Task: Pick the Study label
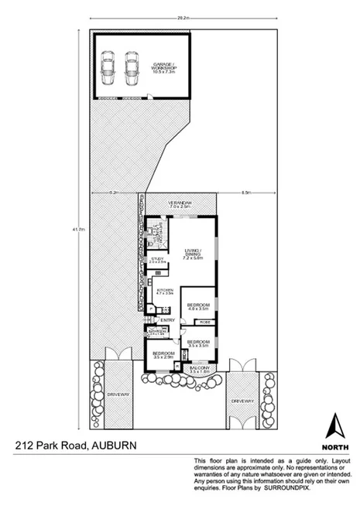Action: click(x=157, y=261)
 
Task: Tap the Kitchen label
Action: click(x=163, y=292)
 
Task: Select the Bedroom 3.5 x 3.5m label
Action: click(x=199, y=343)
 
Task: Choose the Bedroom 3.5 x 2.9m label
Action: click(x=163, y=356)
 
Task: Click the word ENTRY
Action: click(x=167, y=319)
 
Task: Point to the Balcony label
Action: click(x=199, y=371)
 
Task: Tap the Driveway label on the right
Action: click(x=242, y=401)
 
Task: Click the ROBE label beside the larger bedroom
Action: click(x=204, y=322)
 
